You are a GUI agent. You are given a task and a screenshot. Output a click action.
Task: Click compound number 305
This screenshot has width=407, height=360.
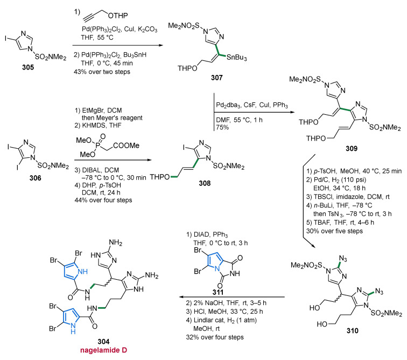point(28,67)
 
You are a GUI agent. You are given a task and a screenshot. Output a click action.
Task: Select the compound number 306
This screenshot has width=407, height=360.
point(35,178)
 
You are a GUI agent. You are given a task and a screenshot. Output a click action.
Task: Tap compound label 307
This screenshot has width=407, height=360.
point(217,78)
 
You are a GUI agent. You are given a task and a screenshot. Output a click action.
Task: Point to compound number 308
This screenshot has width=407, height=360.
point(205,183)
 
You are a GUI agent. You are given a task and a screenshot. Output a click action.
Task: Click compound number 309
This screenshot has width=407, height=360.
point(352,148)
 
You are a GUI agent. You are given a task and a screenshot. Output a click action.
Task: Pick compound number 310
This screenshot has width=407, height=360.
point(352,330)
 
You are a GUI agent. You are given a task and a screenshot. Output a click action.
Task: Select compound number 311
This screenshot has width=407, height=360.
point(218,292)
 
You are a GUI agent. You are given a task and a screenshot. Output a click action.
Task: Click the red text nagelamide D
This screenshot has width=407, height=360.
point(103,350)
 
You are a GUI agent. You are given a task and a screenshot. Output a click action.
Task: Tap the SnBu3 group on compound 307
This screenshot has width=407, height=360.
point(236,58)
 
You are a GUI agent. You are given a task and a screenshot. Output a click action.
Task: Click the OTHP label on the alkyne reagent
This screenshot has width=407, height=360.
point(118,16)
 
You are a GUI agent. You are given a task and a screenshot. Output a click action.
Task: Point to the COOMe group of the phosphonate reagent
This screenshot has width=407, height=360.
point(126,146)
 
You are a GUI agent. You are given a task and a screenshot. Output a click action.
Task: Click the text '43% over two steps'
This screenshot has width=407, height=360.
point(102,72)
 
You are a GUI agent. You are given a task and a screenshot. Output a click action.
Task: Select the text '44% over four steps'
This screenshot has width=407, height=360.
point(103,200)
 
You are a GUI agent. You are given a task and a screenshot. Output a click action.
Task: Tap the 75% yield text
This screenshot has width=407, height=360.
point(222,127)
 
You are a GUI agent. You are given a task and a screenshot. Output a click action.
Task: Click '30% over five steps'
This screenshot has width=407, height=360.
point(334,231)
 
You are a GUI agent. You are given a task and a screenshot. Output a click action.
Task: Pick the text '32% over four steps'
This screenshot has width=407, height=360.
point(215,337)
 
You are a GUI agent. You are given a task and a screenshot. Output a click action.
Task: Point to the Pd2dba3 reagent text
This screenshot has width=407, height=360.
point(228,105)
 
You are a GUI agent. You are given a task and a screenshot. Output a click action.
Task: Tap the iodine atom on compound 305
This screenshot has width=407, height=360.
point(6,39)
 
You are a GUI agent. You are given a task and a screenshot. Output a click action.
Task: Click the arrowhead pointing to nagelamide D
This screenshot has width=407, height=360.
point(182,297)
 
